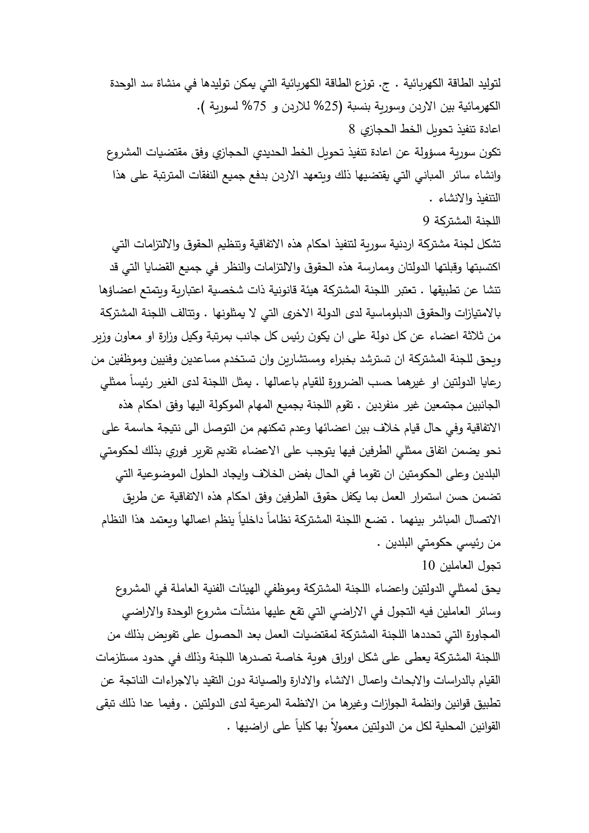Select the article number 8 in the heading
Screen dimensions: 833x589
352,129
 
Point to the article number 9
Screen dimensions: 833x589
426,220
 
